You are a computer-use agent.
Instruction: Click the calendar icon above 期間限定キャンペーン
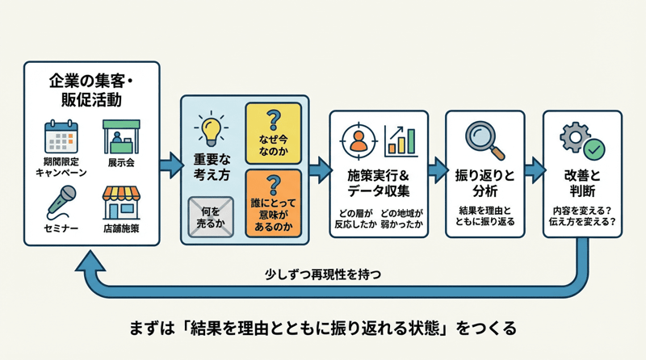[60, 136]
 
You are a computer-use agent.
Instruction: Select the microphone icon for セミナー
[61, 201]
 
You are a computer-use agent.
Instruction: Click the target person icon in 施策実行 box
[355, 140]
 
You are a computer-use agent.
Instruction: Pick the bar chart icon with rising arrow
[401, 140]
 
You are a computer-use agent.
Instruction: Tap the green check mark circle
[594, 149]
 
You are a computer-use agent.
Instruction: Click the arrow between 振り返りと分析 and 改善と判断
[534, 170]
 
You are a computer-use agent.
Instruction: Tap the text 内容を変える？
[582, 208]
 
